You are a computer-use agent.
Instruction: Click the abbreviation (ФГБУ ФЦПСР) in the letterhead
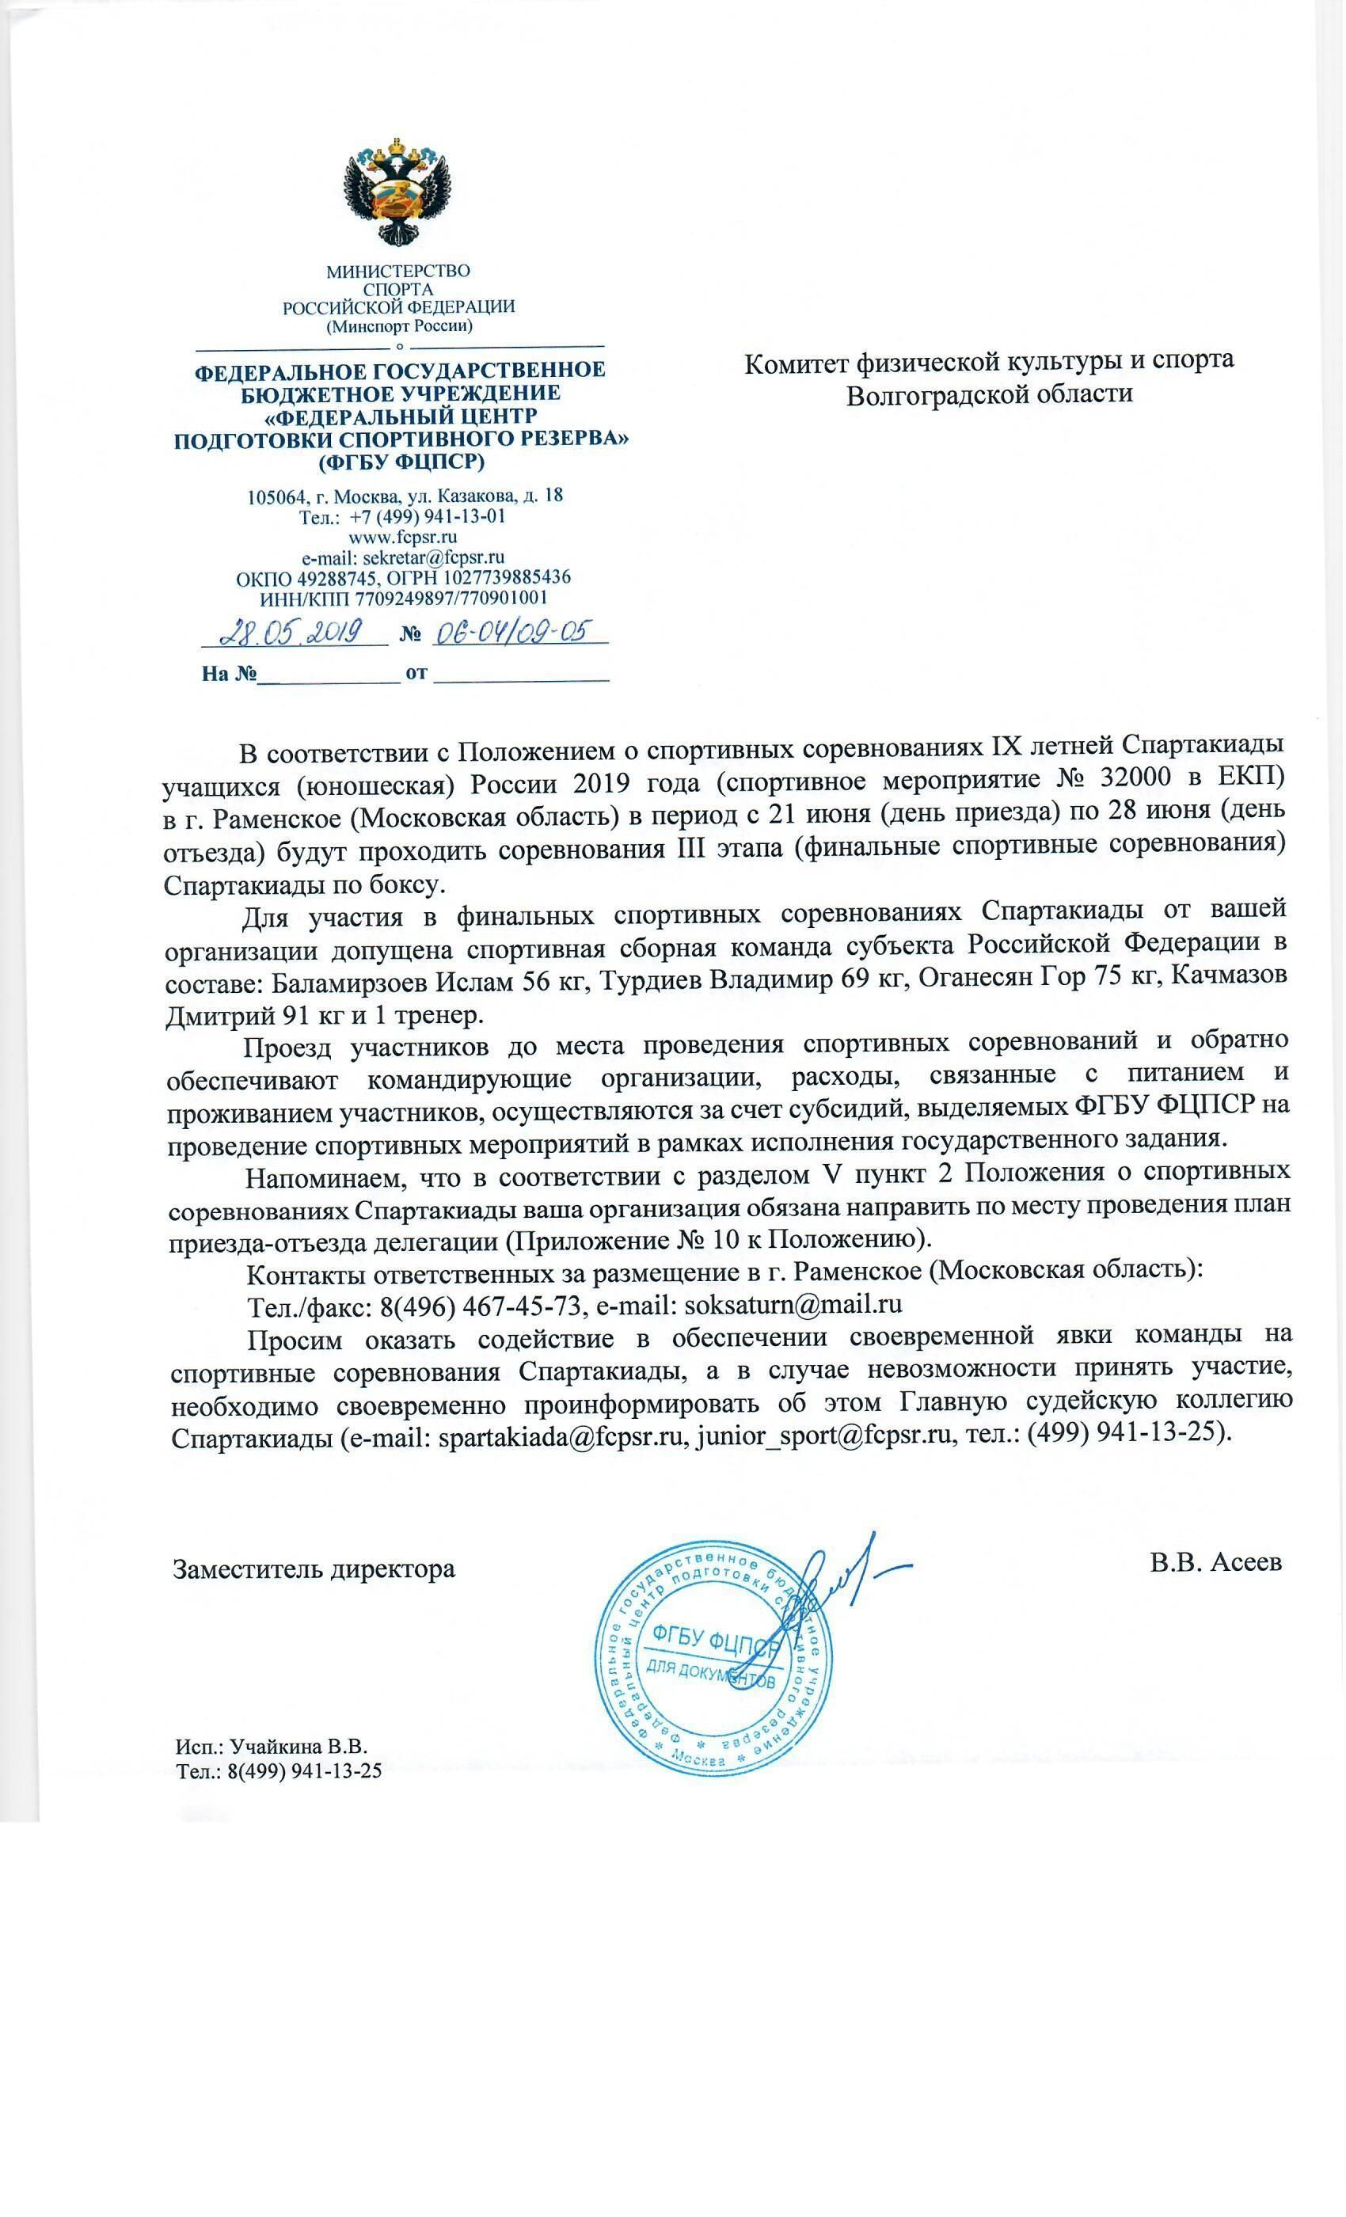pyautogui.click(x=401, y=463)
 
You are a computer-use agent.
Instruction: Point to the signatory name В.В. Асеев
pyautogui.click(x=1215, y=1562)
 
